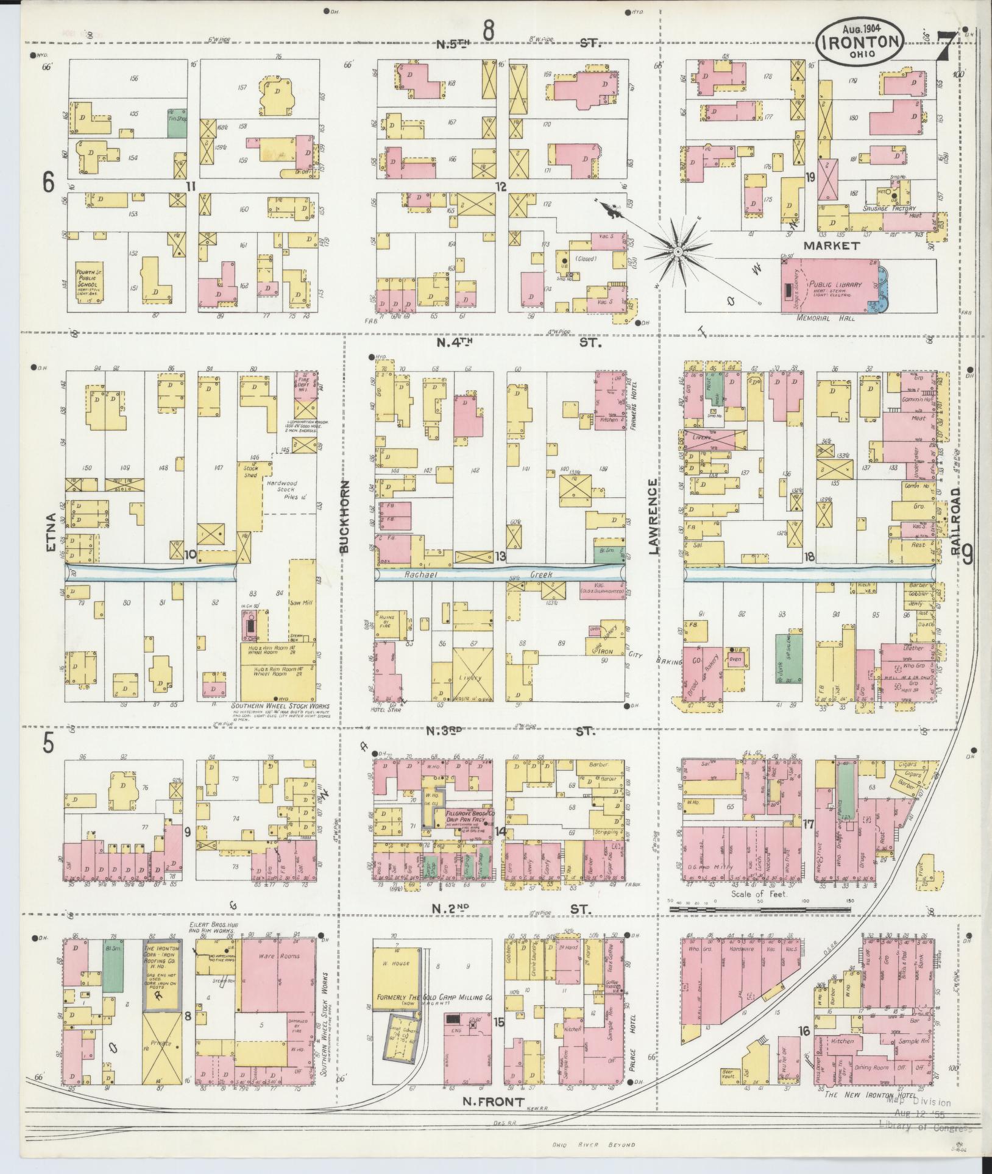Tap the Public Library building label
pos(835,285)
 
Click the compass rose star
pos(677,251)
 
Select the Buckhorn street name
pos(345,515)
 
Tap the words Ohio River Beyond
pos(593,1144)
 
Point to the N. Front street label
pos(493,1101)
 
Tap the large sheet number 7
pos(946,44)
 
